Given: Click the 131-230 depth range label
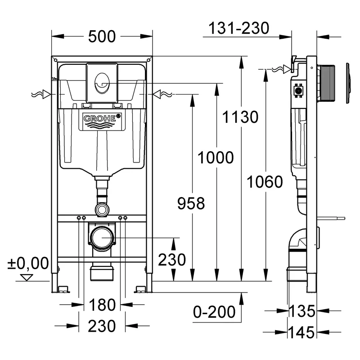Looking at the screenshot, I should tap(238, 28).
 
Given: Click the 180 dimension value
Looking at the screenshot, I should tap(102, 305).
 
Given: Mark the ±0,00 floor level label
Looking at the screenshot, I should tap(28, 263).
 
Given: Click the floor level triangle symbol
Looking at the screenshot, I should tap(27, 277).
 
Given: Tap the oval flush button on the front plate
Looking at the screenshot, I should tap(101, 83).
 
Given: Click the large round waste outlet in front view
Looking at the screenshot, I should tap(103, 237).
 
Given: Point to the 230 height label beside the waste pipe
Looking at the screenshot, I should tap(171, 260).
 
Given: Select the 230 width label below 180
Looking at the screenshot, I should tap(102, 326).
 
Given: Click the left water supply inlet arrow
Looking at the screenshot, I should tap(43, 94).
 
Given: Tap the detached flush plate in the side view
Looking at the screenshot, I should tap(348, 84).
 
